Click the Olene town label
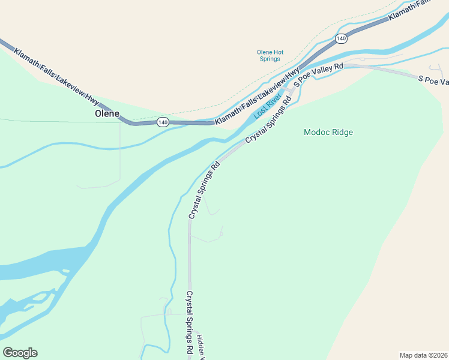click(107, 113)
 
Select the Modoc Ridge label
click(328, 132)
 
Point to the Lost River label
click(268, 105)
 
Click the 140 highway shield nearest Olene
click(163, 122)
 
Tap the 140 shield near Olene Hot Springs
click(341, 38)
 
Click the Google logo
click(20, 353)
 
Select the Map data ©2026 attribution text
click(424, 355)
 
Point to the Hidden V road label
click(202, 347)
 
